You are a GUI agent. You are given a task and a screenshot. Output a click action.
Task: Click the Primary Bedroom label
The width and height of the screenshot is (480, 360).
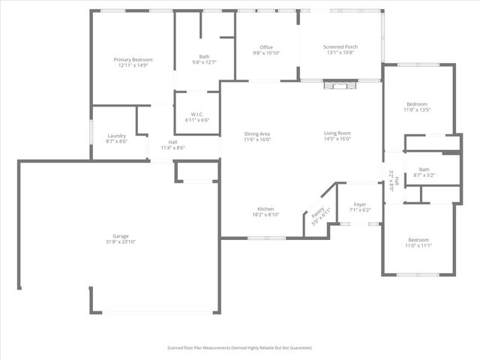click(x=133, y=59)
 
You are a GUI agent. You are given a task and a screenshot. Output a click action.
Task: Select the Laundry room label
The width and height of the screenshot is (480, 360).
click(x=116, y=135)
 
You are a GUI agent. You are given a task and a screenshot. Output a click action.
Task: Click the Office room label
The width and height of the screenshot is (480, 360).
click(x=266, y=47)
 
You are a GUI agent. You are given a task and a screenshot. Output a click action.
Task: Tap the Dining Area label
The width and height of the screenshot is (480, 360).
click(x=257, y=133)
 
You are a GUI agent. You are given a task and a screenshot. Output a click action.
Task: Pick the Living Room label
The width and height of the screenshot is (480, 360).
click(x=337, y=133)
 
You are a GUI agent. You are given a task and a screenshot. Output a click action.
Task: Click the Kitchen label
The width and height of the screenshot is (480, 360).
click(x=265, y=208)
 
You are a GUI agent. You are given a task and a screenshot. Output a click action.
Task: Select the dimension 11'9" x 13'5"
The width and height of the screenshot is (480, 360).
click(x=417, y=109)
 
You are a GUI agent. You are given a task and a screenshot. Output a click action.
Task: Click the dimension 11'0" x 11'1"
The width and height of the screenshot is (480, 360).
click(x=418, y=246)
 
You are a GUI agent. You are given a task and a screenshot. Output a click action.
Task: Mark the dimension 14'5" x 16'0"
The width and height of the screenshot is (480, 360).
click(x=337, y=139)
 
